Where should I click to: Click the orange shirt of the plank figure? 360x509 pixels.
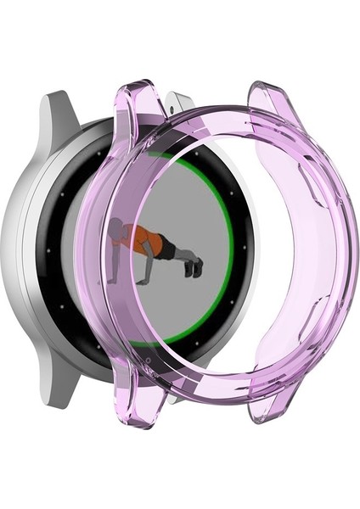pos(140,238)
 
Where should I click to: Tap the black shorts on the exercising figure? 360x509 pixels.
pos(165,249)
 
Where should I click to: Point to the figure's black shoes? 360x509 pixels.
pos(195,268)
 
